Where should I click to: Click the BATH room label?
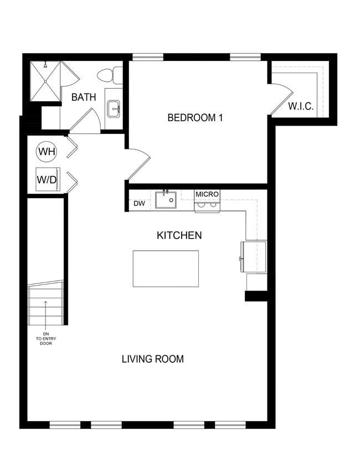point(84,97)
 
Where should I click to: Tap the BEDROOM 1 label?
point(195,117)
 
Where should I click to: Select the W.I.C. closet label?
point(301,106)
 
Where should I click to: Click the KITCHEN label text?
point(179,235)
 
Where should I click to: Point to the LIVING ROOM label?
point(152,359)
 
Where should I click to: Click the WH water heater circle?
point(46,151)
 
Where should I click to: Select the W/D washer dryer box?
point(46,179)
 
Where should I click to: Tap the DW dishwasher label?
point(139,204)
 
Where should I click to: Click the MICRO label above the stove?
point(207,194)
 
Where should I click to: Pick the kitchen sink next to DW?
point(166,199)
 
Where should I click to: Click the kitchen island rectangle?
point(166,268)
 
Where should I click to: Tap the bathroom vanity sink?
point(114,108)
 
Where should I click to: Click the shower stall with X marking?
point(45,81)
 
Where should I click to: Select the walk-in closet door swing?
point(280,97)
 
